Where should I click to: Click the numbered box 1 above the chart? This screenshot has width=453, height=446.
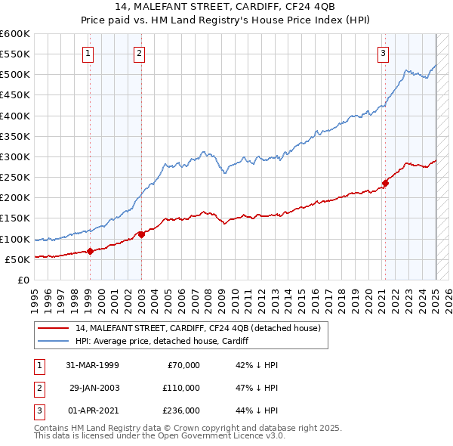click(x=88, y=53)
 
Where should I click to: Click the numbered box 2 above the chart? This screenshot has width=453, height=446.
click(x=140, y=53)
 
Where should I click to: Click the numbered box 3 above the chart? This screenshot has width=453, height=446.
click(x=384, y=53)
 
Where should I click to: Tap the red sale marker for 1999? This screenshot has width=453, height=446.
click(x=90, y=251)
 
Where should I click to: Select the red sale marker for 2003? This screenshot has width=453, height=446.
click(x=141, y=234)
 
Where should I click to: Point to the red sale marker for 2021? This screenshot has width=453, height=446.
click(x=385, y=182)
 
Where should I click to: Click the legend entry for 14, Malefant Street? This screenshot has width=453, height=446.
click(x=199, y=328)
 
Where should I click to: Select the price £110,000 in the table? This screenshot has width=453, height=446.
click(x=181, y=387)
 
